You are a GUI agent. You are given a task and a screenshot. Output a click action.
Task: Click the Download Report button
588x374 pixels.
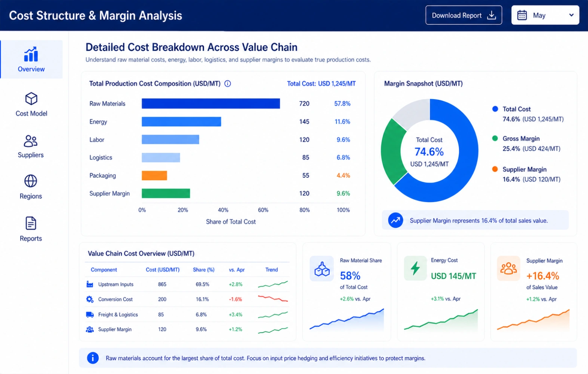click(464, 15)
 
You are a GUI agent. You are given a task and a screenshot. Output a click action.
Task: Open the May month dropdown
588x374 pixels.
click(545, 15)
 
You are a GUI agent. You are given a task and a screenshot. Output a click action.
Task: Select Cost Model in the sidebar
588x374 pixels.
click(31, 104)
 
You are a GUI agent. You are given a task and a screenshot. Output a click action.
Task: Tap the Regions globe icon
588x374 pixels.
click(31, 181)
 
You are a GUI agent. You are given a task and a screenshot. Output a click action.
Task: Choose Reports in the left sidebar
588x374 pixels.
click(31, 229)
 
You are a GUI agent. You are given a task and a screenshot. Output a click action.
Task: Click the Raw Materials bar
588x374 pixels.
click(211, 104)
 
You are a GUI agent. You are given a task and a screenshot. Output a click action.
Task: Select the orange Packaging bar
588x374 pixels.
click(154, 175)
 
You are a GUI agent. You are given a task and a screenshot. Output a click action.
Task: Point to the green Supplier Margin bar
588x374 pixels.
click(166, 193)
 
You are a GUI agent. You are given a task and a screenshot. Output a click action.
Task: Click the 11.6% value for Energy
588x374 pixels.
click(342, 122)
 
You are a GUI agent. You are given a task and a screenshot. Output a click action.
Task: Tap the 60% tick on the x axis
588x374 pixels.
click(263, 210)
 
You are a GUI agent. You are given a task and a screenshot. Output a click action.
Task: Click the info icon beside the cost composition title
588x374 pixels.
click(228, 83)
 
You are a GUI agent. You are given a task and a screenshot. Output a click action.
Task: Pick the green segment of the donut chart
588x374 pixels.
click(392, 151)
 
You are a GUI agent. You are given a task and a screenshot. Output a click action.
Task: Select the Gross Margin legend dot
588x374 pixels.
click(495, 138)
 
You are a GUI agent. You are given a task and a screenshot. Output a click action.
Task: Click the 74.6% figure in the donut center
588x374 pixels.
click(429, 152)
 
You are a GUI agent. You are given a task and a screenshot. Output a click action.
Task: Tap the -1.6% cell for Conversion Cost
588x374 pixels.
click(235, 299)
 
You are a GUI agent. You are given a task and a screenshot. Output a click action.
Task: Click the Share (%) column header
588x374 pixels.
click(204, 270)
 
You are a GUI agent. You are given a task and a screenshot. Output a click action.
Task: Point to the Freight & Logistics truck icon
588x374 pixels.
click(90, 315)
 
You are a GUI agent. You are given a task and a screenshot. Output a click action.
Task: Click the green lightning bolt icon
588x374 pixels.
click(415, 269)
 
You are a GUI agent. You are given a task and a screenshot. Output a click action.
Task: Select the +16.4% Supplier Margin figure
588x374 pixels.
click(543, 276)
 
